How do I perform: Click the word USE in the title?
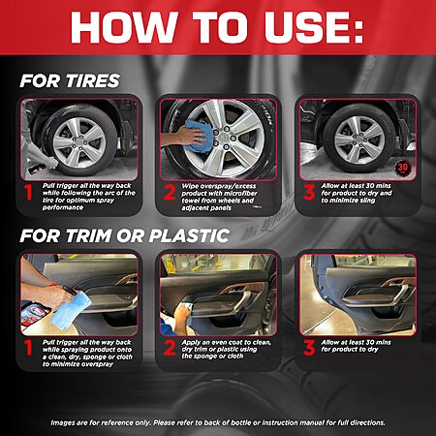tap(314, 27)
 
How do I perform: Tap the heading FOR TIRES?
tap(70, 81)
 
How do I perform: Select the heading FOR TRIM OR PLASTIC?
tap(125, 235)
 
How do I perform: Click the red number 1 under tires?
tap(29, 193)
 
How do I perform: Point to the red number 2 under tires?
tap(170, 193)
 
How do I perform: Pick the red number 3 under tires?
tap(309, 193)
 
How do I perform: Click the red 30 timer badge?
tap(403, 168)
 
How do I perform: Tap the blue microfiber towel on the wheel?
tap(200, 136)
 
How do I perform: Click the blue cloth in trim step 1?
tap(71, 310)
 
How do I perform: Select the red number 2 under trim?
tap(170, 349)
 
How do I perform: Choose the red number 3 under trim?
tap(309, 349)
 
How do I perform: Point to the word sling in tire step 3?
tap(366, 201)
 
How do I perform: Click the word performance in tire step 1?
tap(63, 207)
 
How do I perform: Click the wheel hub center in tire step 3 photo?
tap(359, 140)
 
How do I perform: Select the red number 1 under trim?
tap(29, 349)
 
